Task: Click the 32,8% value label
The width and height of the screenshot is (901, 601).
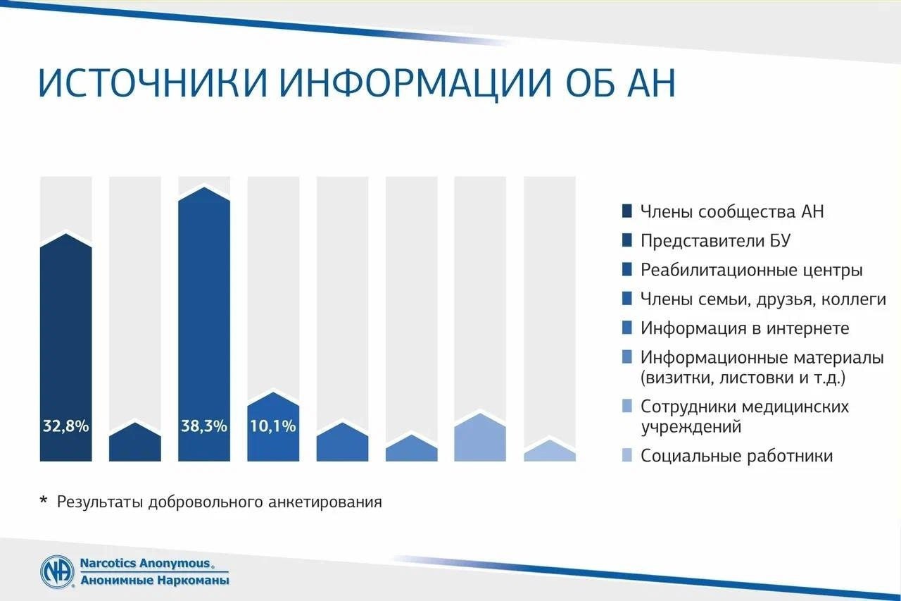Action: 65,426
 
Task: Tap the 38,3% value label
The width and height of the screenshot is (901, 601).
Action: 204,426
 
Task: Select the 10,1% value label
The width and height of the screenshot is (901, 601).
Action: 273,426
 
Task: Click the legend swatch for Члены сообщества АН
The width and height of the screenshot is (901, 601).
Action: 626,211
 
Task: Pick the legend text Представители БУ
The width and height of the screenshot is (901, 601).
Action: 716,241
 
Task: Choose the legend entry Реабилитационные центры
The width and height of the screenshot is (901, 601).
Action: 751,270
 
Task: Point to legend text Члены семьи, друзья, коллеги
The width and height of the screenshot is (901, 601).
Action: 763,299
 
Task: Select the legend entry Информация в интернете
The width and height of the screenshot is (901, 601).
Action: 745,328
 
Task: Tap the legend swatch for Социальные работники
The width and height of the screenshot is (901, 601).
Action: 626,455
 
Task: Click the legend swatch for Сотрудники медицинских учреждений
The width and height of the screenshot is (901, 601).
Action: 626,406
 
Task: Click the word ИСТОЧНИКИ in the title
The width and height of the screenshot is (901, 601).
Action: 153,84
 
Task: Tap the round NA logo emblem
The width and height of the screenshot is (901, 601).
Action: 57,571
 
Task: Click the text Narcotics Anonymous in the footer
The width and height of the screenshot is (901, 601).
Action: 145,563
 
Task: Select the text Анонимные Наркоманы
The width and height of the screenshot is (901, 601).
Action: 155,580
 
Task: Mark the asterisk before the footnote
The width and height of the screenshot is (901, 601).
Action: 44,500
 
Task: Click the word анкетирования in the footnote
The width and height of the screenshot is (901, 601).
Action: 325,502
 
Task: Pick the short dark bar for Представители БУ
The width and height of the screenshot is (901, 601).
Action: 134,442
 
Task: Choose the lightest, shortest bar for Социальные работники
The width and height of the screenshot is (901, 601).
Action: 550,451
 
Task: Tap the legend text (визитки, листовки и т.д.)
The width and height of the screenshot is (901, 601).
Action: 743,378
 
